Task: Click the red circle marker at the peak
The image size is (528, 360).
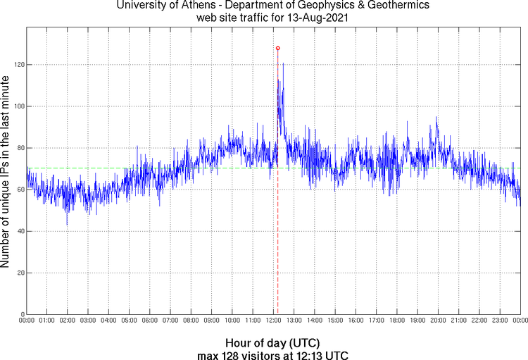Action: point(278,48)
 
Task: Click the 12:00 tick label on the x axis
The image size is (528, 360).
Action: point(273,321)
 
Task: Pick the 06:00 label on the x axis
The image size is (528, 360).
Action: point(150,321)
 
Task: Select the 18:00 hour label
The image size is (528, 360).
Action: point(396,321)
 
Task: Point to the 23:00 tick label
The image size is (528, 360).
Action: point(499,321)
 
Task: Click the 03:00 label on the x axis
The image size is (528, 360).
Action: point(88,321)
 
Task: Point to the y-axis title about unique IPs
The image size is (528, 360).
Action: point(6,170)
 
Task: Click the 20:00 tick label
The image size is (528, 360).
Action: point(437,321)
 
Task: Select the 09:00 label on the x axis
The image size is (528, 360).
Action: point(212,321)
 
